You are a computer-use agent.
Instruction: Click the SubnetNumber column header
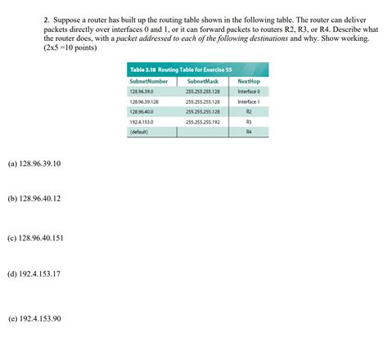(149, 82)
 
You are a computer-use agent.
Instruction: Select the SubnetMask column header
(201, 82)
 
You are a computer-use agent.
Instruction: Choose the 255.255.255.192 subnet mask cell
(201, 121)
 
